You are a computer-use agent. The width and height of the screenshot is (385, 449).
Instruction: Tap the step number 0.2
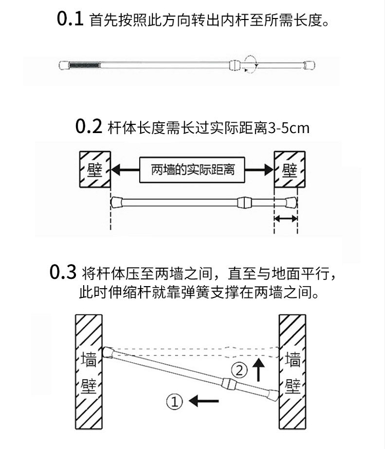[x=89, y=126]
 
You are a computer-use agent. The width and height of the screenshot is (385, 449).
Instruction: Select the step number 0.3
[x=63, y=272]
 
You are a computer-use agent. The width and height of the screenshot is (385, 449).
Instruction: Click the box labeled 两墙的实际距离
[x=192, y=169]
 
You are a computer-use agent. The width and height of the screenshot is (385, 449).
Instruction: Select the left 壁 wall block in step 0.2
[x=94, y=170]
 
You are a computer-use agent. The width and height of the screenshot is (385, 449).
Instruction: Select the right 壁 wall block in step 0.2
[x=290, y=170]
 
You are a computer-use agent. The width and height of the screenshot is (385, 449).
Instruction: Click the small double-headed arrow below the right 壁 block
[x=285, y=219]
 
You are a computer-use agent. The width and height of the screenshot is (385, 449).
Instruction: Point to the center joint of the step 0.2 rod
[x=244, y=202]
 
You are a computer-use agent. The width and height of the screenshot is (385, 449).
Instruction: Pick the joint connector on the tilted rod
[x=228, y=384]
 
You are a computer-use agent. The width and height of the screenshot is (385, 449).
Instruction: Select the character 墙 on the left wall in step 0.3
[x=89, y=359]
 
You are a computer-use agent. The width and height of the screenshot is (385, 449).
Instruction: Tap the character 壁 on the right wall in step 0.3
[x=293, y=386]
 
